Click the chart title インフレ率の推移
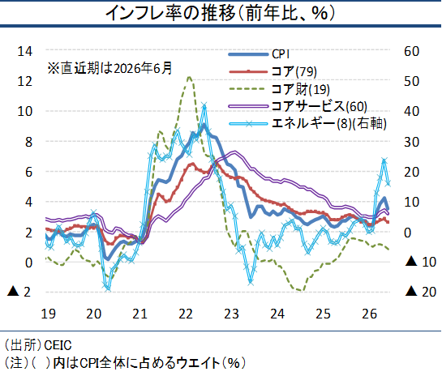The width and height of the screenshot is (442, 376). tap(170, 13)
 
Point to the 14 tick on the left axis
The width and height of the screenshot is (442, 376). tap(25, 51)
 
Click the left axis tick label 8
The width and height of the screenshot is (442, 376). tap(28, 142)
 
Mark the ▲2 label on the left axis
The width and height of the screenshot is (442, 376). tap(19, 292)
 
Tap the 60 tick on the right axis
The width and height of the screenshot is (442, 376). tap(411, 51)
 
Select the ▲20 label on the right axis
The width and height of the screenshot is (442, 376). tap(421, 292)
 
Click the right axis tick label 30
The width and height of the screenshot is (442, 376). tap(411, 142)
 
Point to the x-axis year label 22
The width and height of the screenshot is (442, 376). tap(186, 314)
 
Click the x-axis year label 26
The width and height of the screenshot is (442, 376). tap(369, 314)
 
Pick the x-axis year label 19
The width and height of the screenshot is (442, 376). tap(48, 314)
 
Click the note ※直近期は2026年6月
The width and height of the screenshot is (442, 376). tap(110, 68)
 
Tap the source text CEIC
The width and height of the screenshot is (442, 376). tap(58, 345)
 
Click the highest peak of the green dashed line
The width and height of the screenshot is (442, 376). tap(189, 77)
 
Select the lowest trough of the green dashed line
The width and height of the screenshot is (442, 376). tap(303, 290)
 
